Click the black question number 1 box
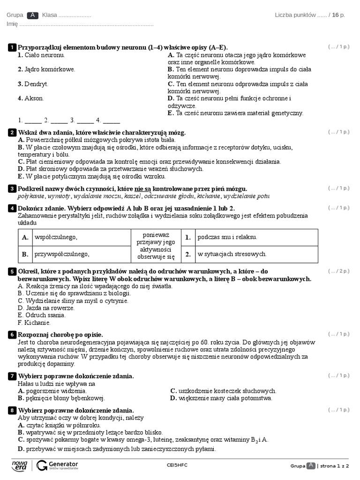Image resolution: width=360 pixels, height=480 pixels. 12,47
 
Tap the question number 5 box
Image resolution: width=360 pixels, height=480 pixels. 12,271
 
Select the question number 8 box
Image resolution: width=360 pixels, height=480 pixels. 12,410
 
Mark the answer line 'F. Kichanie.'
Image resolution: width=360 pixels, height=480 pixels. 34,323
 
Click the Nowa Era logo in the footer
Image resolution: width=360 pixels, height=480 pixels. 20,465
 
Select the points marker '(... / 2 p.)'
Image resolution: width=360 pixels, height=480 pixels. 339,271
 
